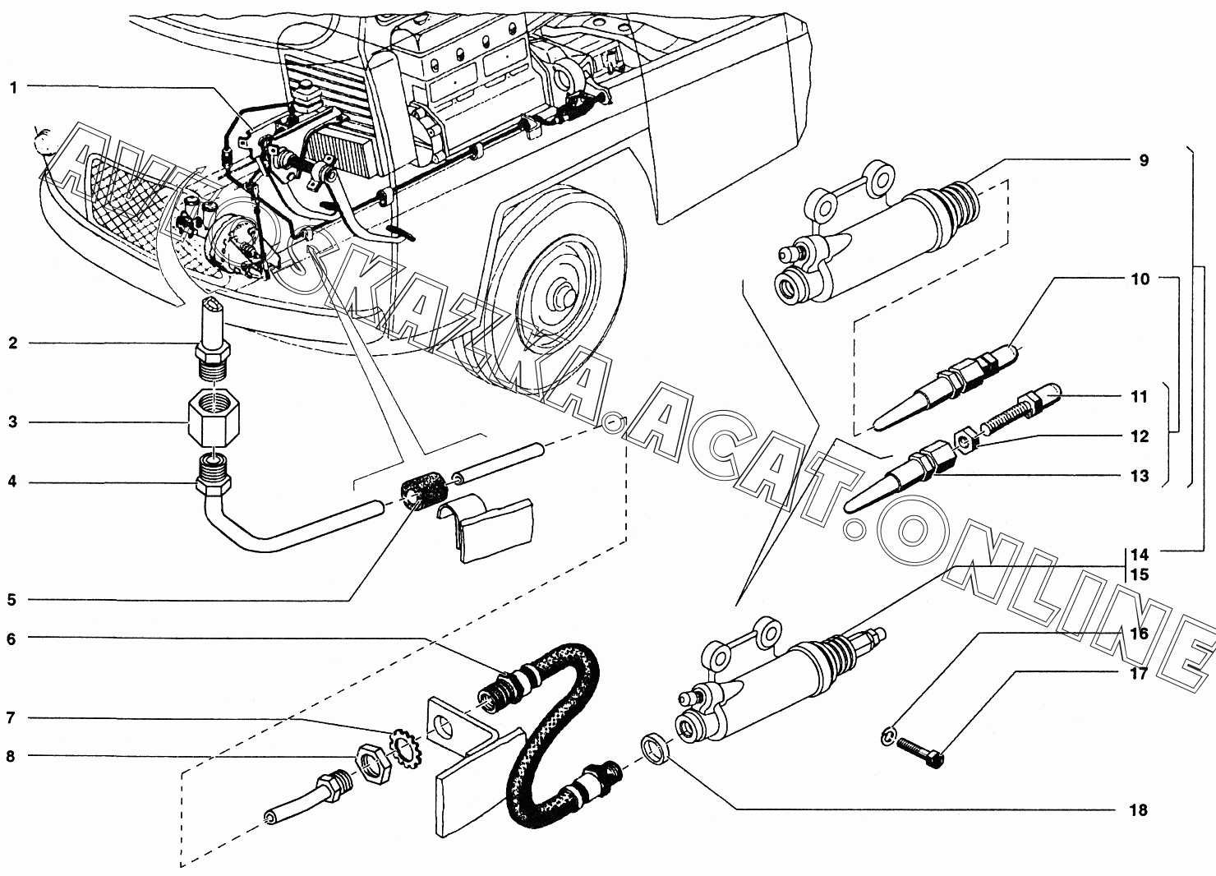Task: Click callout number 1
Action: [13, 88]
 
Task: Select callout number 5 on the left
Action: [12, 600]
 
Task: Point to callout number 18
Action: [1138, 810]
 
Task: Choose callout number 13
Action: [1139, 477]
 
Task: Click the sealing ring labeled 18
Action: [655, 749]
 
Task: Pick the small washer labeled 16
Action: [886, 737]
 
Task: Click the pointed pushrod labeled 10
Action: [945, 386]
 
